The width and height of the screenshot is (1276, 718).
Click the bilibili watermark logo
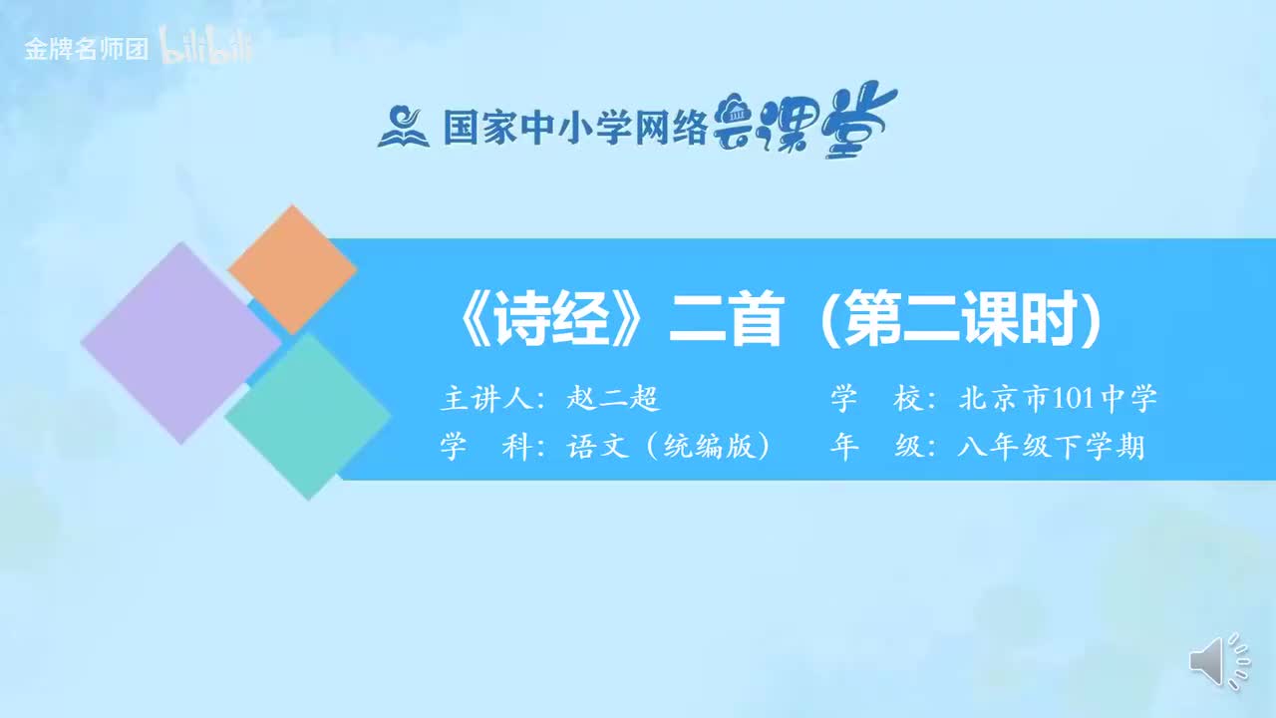[x=207, y=48]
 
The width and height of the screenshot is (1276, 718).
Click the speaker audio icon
[x=1218, y=661]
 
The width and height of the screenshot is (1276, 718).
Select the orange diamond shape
[x=292, y=269]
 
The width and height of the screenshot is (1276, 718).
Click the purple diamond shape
[x=180, y=342]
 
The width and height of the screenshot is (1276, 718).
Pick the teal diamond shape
[x=308, y=416]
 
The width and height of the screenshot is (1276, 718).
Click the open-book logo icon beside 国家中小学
[x=403, y=127]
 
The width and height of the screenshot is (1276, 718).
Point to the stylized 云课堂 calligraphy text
[x=805, y=122]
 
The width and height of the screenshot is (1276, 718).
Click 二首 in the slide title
[x=725, y=321]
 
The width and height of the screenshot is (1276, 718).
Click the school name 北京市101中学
[x=1058, y=400]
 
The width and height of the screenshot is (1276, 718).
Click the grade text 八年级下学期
[x=1051, y=447]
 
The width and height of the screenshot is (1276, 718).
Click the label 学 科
[x=484, y=447]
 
